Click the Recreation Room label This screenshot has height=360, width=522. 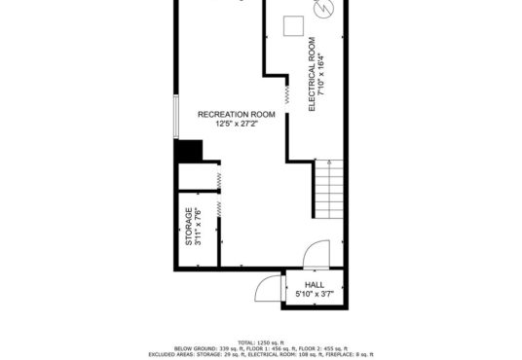pyautogui.click(x=237, y=115)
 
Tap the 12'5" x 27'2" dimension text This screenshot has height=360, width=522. pyautogui.click(x=237, y=125)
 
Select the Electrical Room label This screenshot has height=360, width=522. pyautogui.click(x=312, y=74)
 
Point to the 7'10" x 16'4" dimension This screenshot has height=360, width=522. pyautogui.click(x=321, y=74)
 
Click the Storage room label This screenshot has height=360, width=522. pyautogui.click(x=188, y=227)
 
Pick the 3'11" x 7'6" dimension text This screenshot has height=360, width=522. pyautogui.click(x=198, y=227)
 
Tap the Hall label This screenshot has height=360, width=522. pyautogui.click(x=315, y=285)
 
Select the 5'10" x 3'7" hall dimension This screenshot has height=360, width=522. pyautogui.click(x=315, y=294)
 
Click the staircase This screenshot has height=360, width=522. pyautogui.click(x=329, y=189)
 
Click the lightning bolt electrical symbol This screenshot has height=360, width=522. pyautogui.click(x=324, y=9)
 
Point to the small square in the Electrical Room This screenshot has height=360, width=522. pyautogui.click(x=293, y=25)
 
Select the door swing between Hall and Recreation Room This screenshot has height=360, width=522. pyautogui.click(x=317, y=254)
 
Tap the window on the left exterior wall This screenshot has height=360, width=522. pyautogui.click(x=176, y=117)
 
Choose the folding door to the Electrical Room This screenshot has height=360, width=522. pyautogui.click(x=287, y=94)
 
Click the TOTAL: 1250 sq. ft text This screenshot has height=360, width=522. pyautogui.click(x=261, y=342)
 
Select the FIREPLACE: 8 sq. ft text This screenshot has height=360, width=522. pyautogui.click(x=353, y=355)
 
